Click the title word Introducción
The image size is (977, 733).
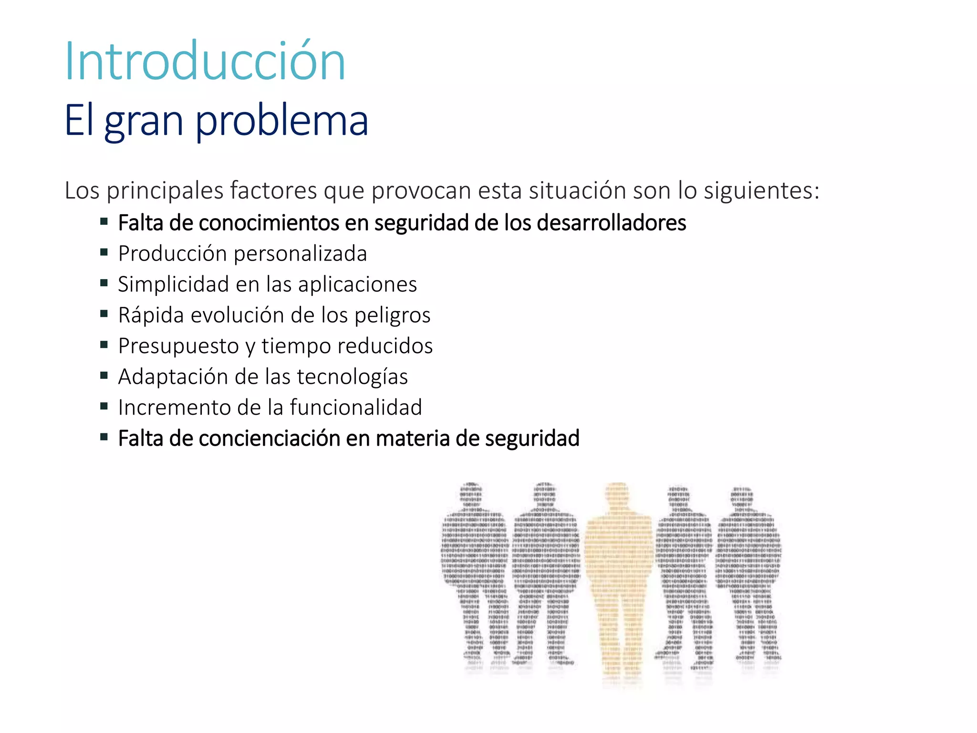205,62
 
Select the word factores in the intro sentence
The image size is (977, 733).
273,190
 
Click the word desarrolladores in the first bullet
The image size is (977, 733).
611,223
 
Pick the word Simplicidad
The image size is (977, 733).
173,284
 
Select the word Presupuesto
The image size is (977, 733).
178,346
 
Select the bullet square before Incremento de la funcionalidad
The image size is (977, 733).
104,406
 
